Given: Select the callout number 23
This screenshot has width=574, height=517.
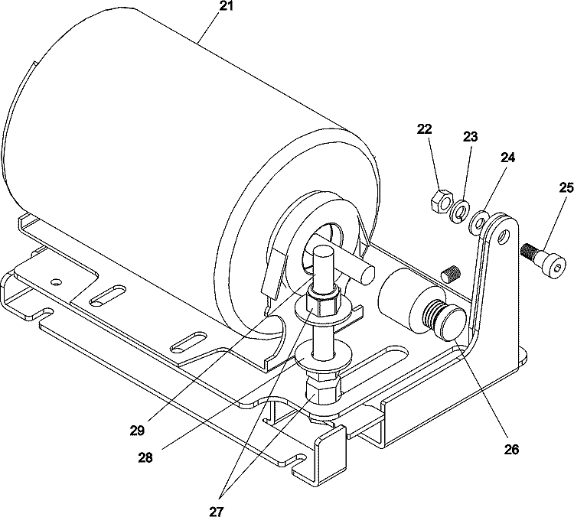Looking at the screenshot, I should [x=470, y=138].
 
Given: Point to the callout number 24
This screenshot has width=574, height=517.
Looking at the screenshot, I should [x=507, y=158].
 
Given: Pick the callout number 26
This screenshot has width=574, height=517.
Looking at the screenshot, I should [x=510, y=450].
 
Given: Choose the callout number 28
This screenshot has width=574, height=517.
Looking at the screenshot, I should [x=145, y=458].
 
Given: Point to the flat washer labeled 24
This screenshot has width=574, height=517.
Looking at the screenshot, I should [x=480, y=222].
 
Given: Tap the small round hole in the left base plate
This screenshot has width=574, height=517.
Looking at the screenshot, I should [x=55, y=281].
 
